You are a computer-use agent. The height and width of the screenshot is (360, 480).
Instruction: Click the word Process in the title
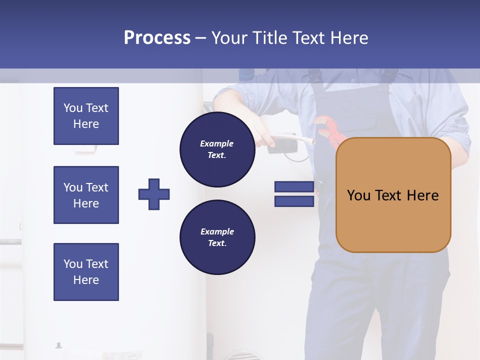[157, 38]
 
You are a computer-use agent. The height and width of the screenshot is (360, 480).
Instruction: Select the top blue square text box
[86, 116]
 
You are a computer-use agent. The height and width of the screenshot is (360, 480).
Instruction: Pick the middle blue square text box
[86, 195]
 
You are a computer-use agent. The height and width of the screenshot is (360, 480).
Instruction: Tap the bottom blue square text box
[86, 272]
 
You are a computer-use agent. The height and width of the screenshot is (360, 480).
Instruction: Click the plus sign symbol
[154, 194]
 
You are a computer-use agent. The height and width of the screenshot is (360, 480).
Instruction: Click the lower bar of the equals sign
[294, 201]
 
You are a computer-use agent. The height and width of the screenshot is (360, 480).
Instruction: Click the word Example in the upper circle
[217, 143]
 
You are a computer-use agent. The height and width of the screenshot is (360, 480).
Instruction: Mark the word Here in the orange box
[422, 195]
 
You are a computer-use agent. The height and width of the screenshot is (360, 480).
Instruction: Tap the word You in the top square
[72, 108]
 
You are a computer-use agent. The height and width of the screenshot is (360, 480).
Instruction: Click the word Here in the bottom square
[86, 280]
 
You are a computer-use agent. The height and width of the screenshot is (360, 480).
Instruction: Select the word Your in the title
[229, 38]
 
